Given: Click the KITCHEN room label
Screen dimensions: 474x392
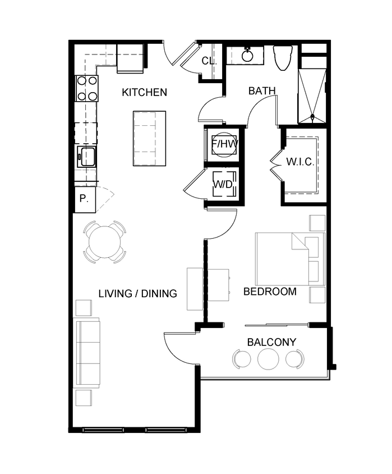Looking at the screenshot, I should (x=144, y=92).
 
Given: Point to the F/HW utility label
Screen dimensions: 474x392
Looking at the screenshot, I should (x=224, y=145).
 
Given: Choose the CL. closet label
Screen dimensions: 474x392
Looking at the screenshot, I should (x=209, y=61).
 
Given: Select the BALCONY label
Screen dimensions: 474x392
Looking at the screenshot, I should (x=271, y=342).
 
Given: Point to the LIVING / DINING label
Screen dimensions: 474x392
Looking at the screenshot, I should (x=137, y=293).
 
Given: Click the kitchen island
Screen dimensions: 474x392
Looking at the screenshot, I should (x=150, y=138).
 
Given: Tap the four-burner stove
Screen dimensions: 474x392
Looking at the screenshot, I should (x=87, y=88).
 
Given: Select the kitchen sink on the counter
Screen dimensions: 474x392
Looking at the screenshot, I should (x=87, y=157).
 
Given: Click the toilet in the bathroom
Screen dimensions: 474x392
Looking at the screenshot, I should (x=282, y=58).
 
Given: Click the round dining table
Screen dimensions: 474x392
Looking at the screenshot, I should (x=104, y=242).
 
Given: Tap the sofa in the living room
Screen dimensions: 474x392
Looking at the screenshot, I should (x=87, y=353).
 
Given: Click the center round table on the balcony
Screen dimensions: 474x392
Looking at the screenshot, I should (x=268, y=358).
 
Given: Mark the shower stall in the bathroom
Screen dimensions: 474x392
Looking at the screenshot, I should (x=311, y=95).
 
